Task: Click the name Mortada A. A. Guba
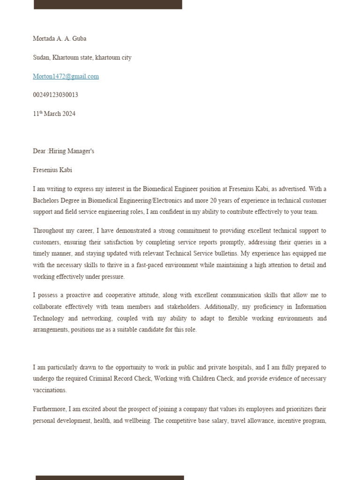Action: [60, 38]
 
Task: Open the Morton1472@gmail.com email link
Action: [66, 76]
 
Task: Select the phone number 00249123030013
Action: [55, 95]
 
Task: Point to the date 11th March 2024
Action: [54, 114]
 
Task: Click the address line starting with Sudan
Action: [82, 58]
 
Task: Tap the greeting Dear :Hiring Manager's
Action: [63, 151]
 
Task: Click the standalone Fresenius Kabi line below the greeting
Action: [52, 170]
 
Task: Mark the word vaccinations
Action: [50, 390]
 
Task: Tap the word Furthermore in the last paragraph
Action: [50, 409]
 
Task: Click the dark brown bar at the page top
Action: [108, 4]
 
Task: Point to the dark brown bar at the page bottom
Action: [110, 477]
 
